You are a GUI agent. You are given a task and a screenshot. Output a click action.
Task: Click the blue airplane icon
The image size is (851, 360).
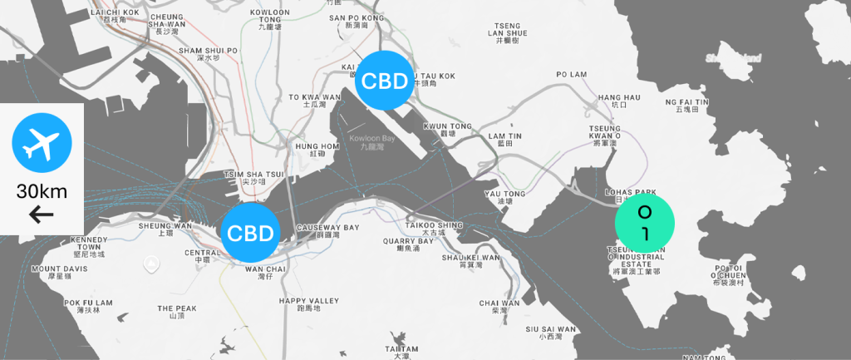click(42, 145)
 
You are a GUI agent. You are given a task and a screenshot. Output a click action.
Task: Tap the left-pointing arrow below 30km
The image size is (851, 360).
click(42, 215)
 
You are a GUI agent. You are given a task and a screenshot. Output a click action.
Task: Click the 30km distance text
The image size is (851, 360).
click(42, 192)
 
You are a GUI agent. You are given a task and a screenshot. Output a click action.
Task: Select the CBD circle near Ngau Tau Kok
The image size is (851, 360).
click(386, 81)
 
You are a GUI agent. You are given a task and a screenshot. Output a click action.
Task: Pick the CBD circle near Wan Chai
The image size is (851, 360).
click(250, 233)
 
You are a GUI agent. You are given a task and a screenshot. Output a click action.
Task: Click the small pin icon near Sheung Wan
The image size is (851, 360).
click(150, 264)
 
